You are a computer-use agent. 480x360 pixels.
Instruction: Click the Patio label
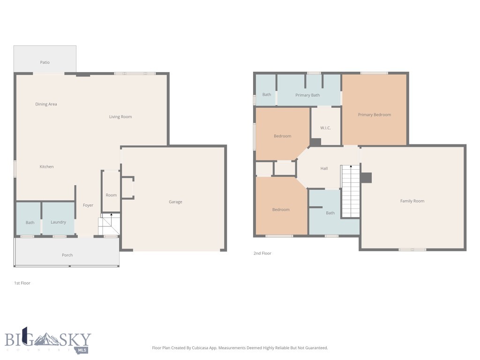tap(45, 62)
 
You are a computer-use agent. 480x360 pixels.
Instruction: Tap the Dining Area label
tap(46, 104)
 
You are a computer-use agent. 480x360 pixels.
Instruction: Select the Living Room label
tap(120, 117)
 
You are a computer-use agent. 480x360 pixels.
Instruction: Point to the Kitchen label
tap(46, 167)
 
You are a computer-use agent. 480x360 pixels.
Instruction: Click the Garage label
tap(175, 202)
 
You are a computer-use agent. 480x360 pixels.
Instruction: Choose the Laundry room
tap(58, 222)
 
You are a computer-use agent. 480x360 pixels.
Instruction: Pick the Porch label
tap(67, 255)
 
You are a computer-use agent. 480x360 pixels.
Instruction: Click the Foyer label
tap(88, 205)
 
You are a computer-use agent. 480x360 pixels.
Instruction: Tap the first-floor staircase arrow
tap(111, 215)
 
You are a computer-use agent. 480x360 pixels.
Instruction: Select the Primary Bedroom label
tap(374, 115)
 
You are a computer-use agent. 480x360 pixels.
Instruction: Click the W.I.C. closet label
tap(326, 128)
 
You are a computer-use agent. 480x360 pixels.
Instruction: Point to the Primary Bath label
tap(307, 95)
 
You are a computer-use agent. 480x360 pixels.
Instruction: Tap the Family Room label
tap(412, 201)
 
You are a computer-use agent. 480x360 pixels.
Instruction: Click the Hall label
tap(324, 169)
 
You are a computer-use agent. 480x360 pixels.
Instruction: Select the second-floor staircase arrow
tap(351, 166)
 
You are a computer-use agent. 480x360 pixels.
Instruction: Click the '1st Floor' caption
tap(22, 283)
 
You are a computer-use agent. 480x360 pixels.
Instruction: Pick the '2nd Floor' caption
tap(262, 254)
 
